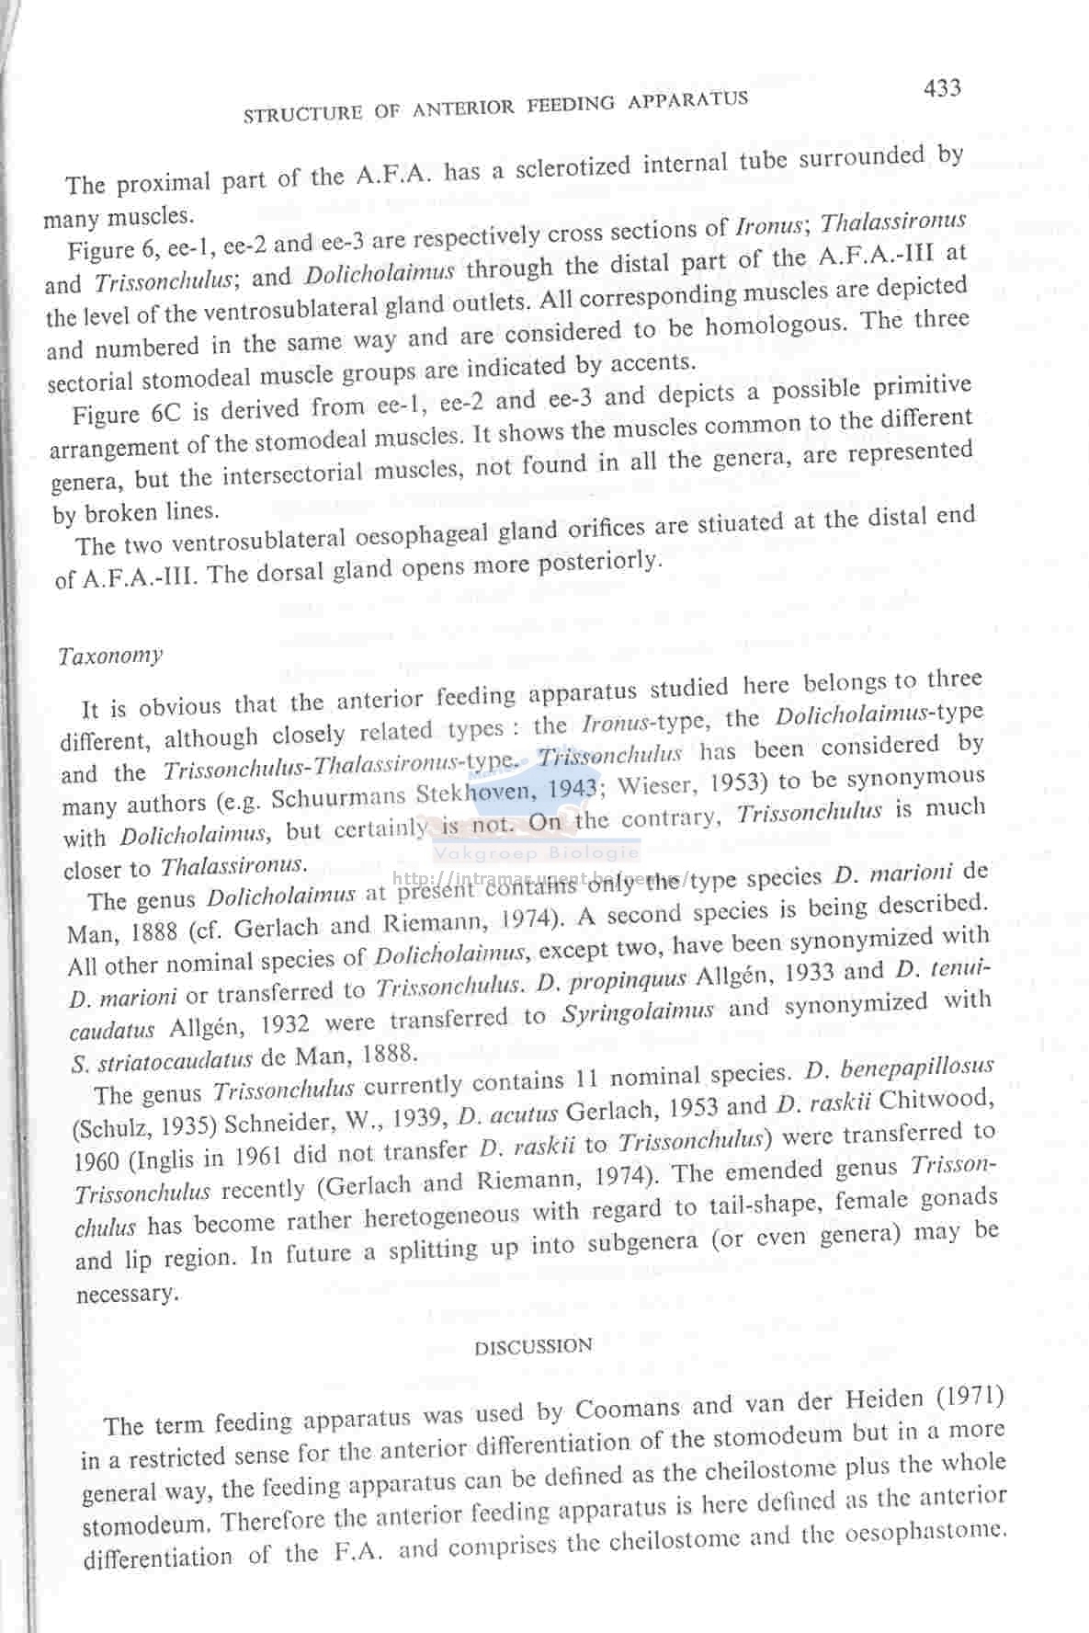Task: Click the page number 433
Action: point(942,87)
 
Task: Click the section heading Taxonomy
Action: point(110,656)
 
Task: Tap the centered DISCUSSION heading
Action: point(533,1346)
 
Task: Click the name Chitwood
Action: point(946,1098)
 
